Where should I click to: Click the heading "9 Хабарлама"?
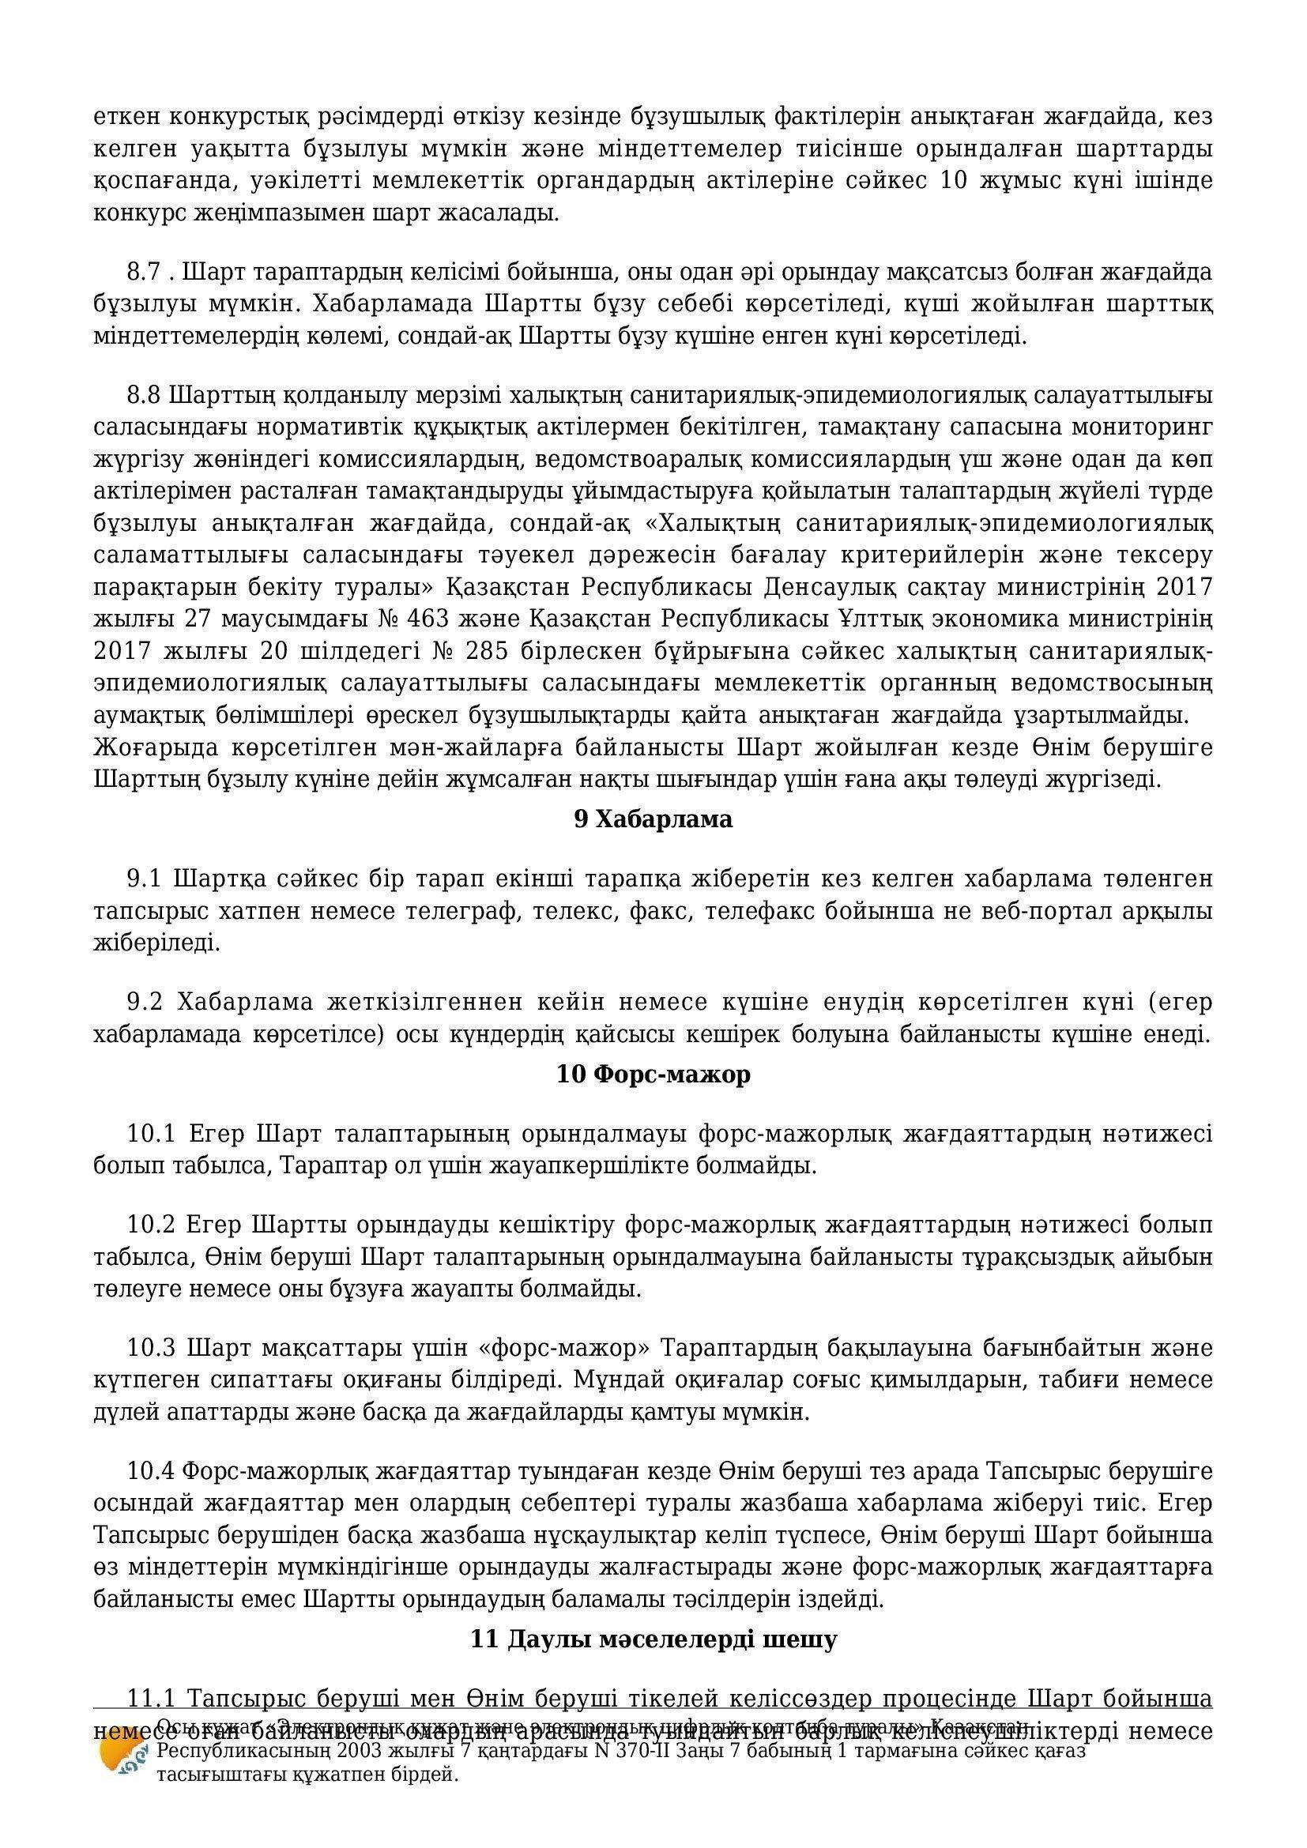tap(653, 819)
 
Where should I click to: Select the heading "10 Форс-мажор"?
tap(653, 1074)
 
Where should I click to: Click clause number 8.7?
tap(145, 273)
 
